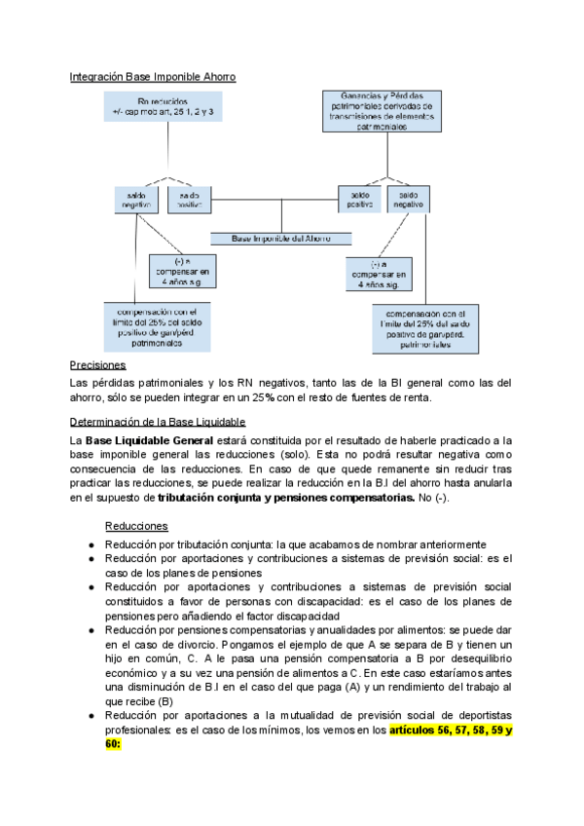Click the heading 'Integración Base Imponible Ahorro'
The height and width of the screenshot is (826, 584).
pyautogui.click(x=153, y=76)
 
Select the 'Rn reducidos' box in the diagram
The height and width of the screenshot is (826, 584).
pyautogui.click(x=163, y=107)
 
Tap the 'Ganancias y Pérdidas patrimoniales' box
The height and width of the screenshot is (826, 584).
pyautogui.click(x=383, y=110)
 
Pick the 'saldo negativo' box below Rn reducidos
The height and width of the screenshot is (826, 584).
pyautogui.click(x=135, y=199)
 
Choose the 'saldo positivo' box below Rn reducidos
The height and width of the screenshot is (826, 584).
pyautogui.click(x=189, y=199)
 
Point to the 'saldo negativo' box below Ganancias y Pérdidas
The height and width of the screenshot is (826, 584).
pyautogui.click(x=408, y=199)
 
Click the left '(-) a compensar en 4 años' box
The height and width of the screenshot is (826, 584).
pyautogui.click(x=181, y=272)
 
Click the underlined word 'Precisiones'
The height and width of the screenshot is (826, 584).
pyautogui.click(x=98, y=365)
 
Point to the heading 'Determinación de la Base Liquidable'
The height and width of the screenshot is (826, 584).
pyautogui.click(x=158, y=422)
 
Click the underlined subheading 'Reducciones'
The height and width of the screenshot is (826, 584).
pyautogui.click(x=135, y=525)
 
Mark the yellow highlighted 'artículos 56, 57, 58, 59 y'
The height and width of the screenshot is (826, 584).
pyautogui.click(x=452, y=730)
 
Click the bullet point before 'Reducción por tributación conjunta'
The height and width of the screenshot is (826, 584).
pyautogui.click(x=91, y=544)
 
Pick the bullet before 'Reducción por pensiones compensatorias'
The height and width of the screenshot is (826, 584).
pyautogui.click(x=91, y=630)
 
